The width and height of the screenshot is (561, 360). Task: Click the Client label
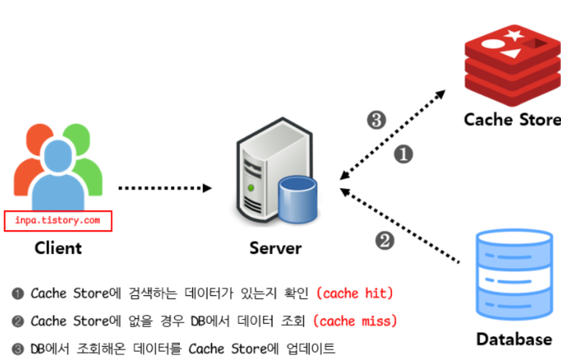click(x=58, y=248)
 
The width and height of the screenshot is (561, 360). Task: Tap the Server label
click(x=275, y=248)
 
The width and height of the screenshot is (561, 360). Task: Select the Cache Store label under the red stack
click(x=512, y=119)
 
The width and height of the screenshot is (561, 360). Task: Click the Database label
click(x=514, y=339)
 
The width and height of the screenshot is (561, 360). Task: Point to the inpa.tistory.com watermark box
click(x=58, y=220)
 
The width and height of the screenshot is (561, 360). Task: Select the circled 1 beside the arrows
click(x=405, y=154)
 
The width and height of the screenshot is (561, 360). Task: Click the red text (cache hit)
click(x=355, y=293)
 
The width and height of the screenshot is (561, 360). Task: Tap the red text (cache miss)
click(x=356, y=321)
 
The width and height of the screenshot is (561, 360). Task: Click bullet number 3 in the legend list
click(x=18, y=349)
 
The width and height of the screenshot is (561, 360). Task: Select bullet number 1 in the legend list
click(x=18, y=293)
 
